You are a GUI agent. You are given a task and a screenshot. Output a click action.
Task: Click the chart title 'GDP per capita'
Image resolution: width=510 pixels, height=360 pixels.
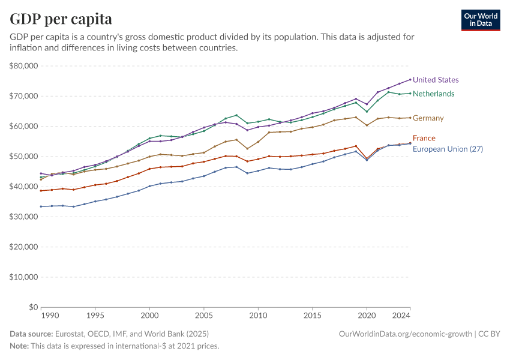(61, 19)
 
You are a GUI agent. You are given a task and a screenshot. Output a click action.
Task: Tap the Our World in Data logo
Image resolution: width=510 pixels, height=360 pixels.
(480, 20)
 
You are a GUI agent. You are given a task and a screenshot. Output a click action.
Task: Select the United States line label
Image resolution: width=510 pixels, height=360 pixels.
(436, 80)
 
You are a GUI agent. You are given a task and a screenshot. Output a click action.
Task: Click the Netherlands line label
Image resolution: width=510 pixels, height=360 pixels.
(433, 94)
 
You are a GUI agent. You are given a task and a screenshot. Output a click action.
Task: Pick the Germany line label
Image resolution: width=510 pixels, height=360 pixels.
(428, 118)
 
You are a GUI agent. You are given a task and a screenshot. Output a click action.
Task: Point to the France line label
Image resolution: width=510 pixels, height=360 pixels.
(424, 138)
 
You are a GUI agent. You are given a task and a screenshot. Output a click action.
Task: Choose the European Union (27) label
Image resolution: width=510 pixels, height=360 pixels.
(448, 149)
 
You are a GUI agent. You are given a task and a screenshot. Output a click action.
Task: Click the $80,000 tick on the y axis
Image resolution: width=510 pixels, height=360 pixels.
(24, 66)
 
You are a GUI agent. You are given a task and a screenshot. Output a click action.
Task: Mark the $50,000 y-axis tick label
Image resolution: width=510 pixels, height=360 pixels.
(24, 157)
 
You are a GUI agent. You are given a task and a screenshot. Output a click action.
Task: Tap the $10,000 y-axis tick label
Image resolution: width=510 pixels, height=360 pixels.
(24, 277)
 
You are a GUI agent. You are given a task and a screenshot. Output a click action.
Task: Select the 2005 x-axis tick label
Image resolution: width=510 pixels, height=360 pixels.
(203, 315)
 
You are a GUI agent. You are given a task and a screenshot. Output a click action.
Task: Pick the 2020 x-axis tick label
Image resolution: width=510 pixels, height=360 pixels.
(367, 315)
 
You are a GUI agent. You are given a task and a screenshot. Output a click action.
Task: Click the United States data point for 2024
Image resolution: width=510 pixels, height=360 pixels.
(410, 79)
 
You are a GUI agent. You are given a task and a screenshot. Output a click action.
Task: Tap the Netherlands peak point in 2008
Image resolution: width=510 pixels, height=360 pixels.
(236, 115)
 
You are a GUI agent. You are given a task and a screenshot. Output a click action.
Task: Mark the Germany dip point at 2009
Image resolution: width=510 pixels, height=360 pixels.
(247, 148)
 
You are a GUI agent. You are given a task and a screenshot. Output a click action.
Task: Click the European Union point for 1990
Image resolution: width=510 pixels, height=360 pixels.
(41, 206)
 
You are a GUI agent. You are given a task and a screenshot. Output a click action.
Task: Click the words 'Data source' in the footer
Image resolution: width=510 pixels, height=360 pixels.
(31, 334)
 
